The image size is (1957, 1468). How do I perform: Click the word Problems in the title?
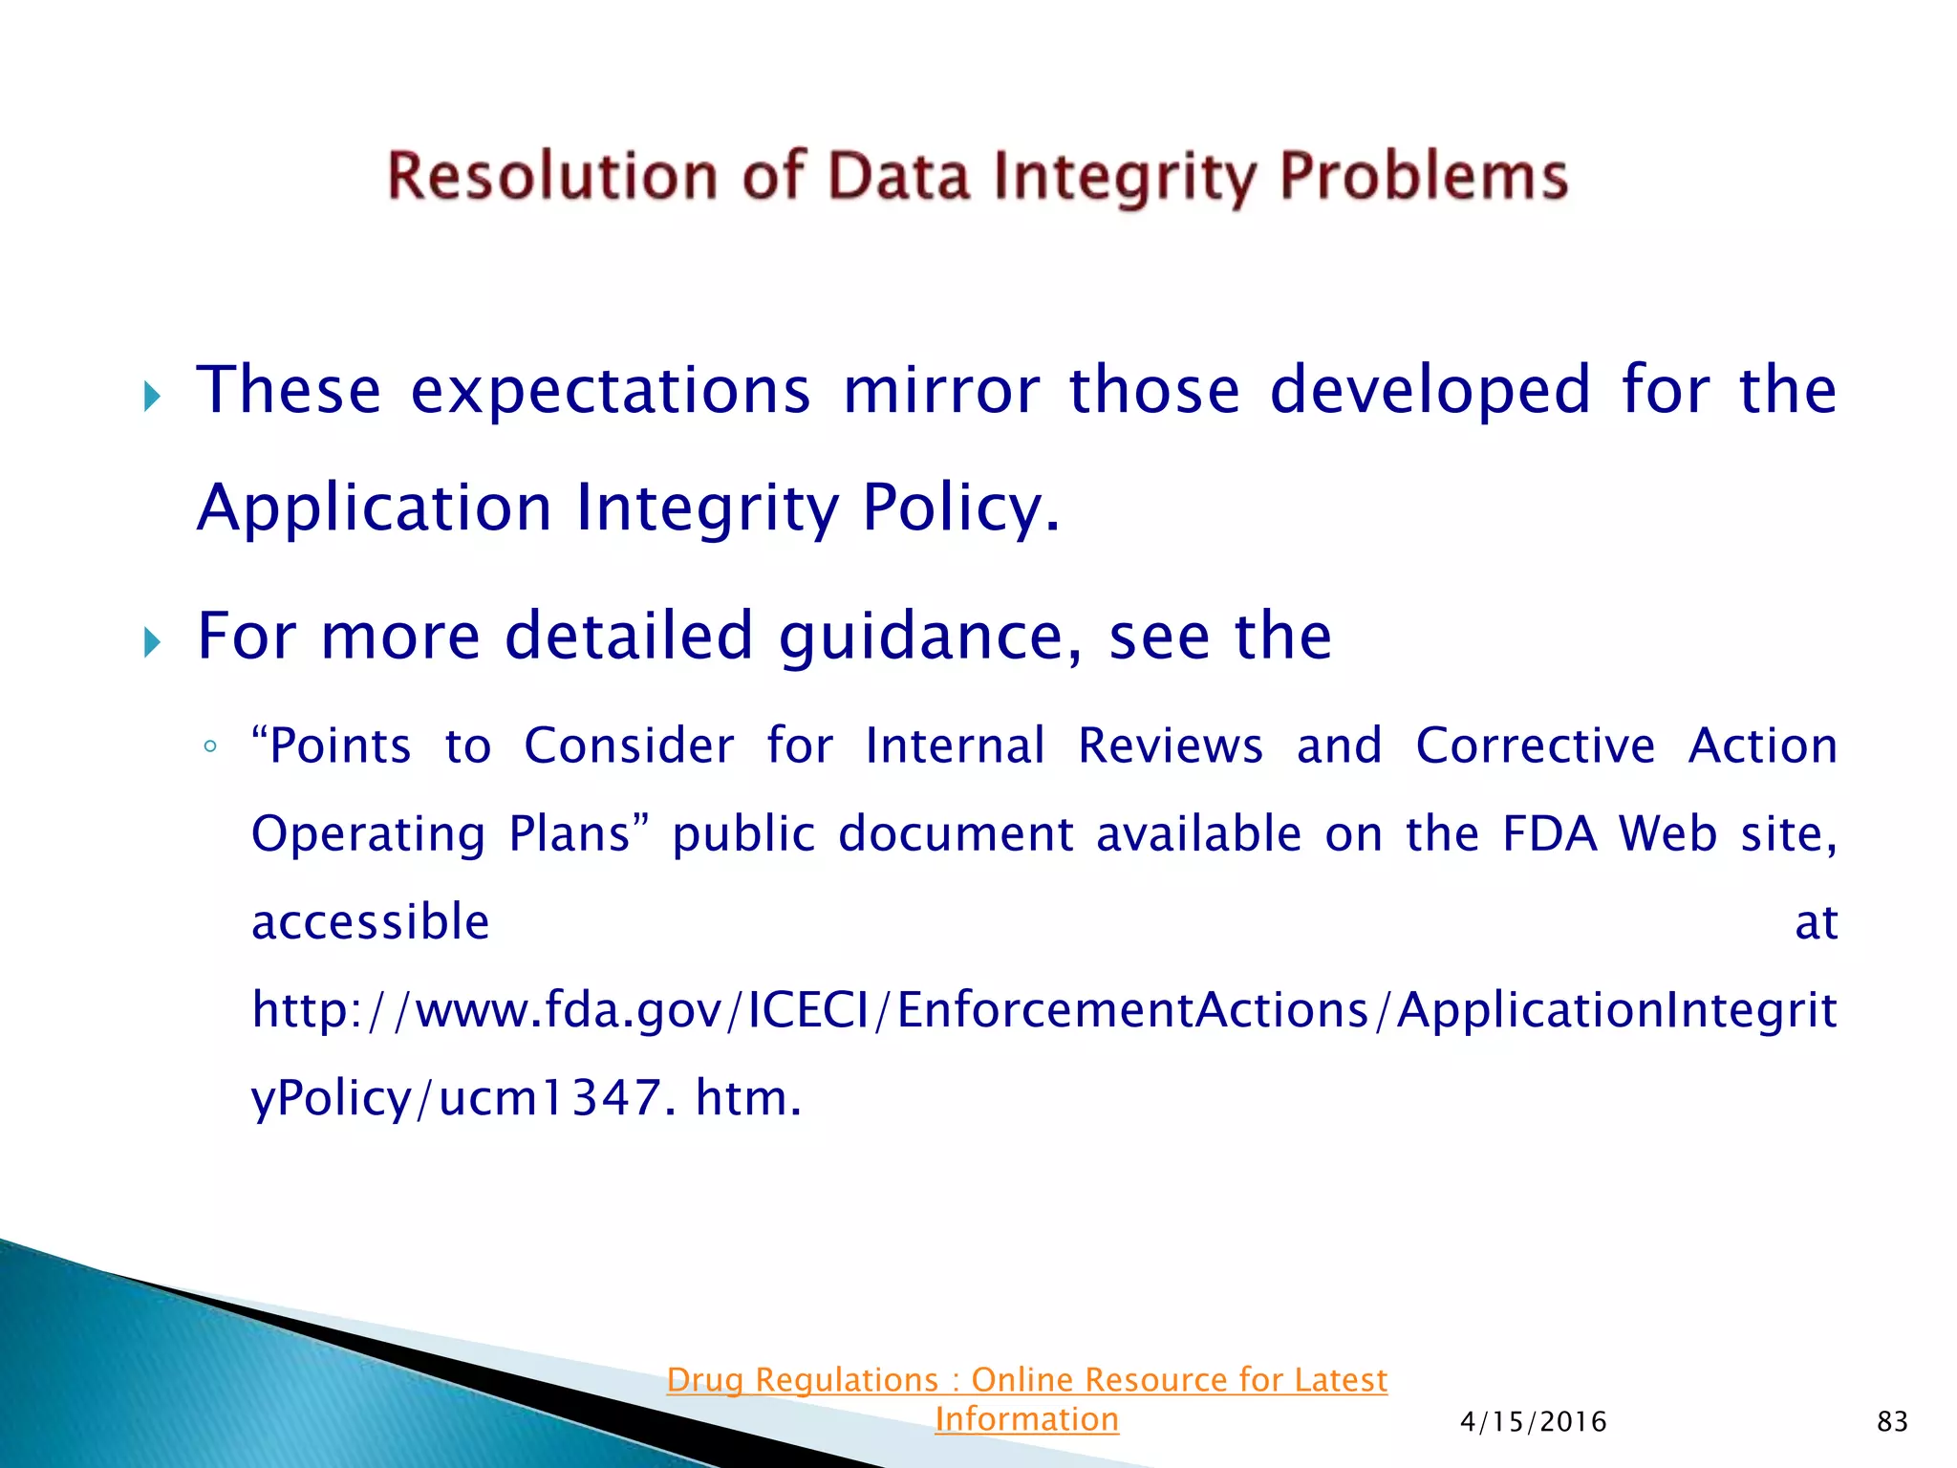click(1424, 177)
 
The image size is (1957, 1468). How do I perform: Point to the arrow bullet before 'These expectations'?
click(152, 396)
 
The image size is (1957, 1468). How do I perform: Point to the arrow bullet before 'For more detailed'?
click(152, 642)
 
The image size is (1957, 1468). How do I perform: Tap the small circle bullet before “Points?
click(210, 746)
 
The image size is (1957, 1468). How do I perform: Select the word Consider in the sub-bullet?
click(629, 745)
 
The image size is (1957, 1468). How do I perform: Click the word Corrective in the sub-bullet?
click(1535, 745)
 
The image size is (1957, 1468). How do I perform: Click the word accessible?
click(371, 922)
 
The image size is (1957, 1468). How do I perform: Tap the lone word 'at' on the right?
click(1816, 923)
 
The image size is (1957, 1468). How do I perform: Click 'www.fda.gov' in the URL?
click(569, 1010)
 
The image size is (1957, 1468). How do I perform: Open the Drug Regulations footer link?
click(1026, 1399)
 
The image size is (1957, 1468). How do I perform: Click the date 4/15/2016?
click(1533, 1422)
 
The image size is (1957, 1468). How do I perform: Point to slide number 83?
click(1892, 1422)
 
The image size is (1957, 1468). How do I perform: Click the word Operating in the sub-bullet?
click(368, 833)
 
